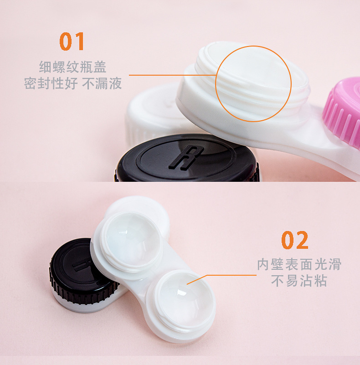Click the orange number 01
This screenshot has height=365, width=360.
click(72, 41)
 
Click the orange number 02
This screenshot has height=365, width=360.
click(294, 240)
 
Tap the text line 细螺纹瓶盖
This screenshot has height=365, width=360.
click(72, 67)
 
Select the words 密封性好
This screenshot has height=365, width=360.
click(51, 84)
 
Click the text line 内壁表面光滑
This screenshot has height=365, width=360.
click(299, 264)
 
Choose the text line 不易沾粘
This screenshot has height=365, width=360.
click(299, 281)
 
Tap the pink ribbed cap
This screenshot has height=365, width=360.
click(343, 112)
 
